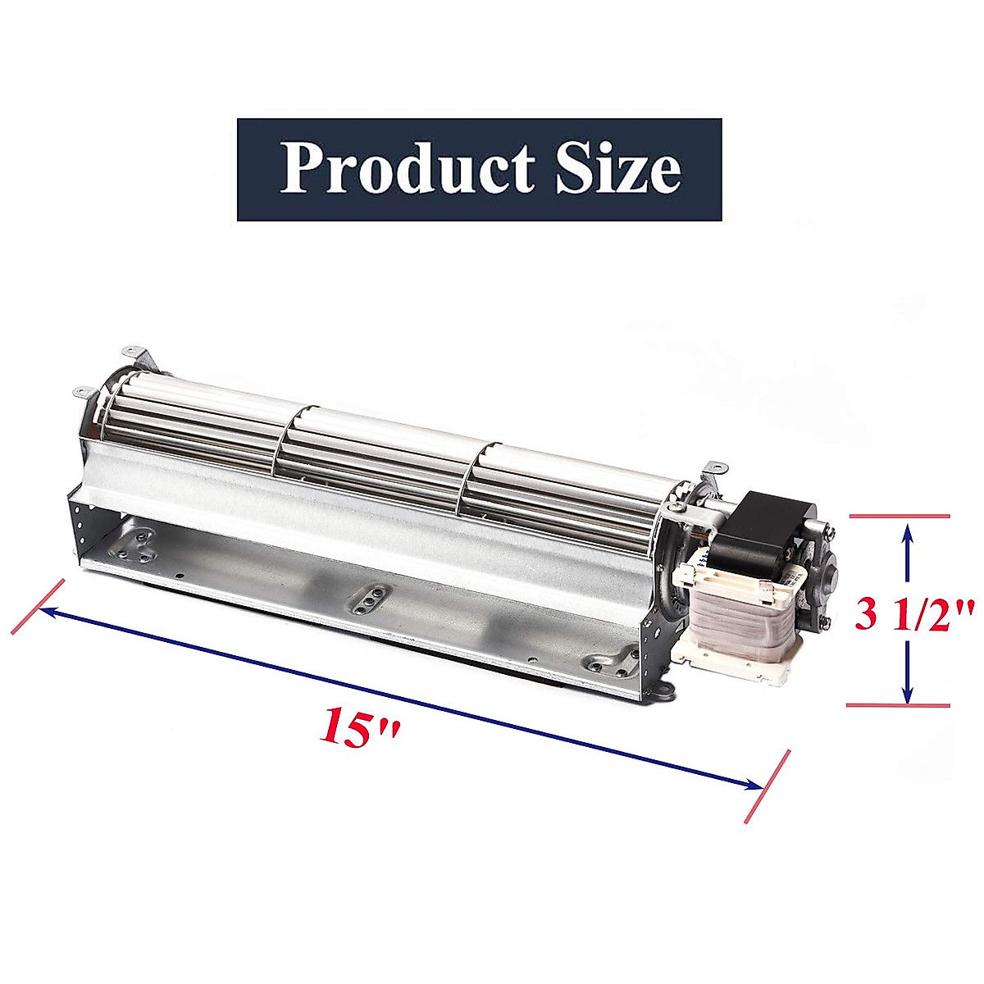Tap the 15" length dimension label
(360, 726)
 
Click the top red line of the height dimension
(899, 516)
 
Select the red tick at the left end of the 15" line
(38, 607)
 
